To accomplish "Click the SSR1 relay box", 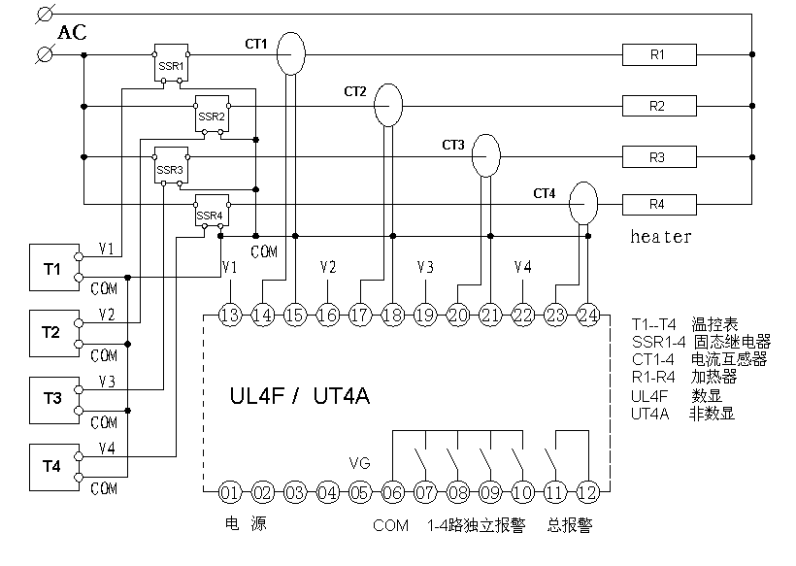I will pyautogui.click(x=171, y=63).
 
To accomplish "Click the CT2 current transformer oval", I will pyautogui.click(x=387, y=105).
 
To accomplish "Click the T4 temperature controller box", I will pyautogui.click(x=51, y=466).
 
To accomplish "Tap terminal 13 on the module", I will pyautogui.click(x=230, y=314).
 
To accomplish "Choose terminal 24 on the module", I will pyautogui.click(x=588, y=314).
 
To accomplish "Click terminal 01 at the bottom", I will pyautogui.click(x=230, y=491).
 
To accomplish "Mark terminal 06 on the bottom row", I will pyautogui.click(x=393, y=491).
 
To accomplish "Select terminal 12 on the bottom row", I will pyautogui.click(x=588, y=491).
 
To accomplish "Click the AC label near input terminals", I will pyautogui.click(x=72, y=33).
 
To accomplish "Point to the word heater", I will pyautogui.click(x=661, y=236).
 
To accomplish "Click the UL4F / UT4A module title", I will pyautogui.click(x=300, y=396).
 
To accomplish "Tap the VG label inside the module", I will pyautogui.click(x=359, y=463).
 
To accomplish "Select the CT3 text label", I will pyautogui.click(x=453, y=146).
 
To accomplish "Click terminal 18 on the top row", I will pyautogui.click(x=393, y=314).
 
